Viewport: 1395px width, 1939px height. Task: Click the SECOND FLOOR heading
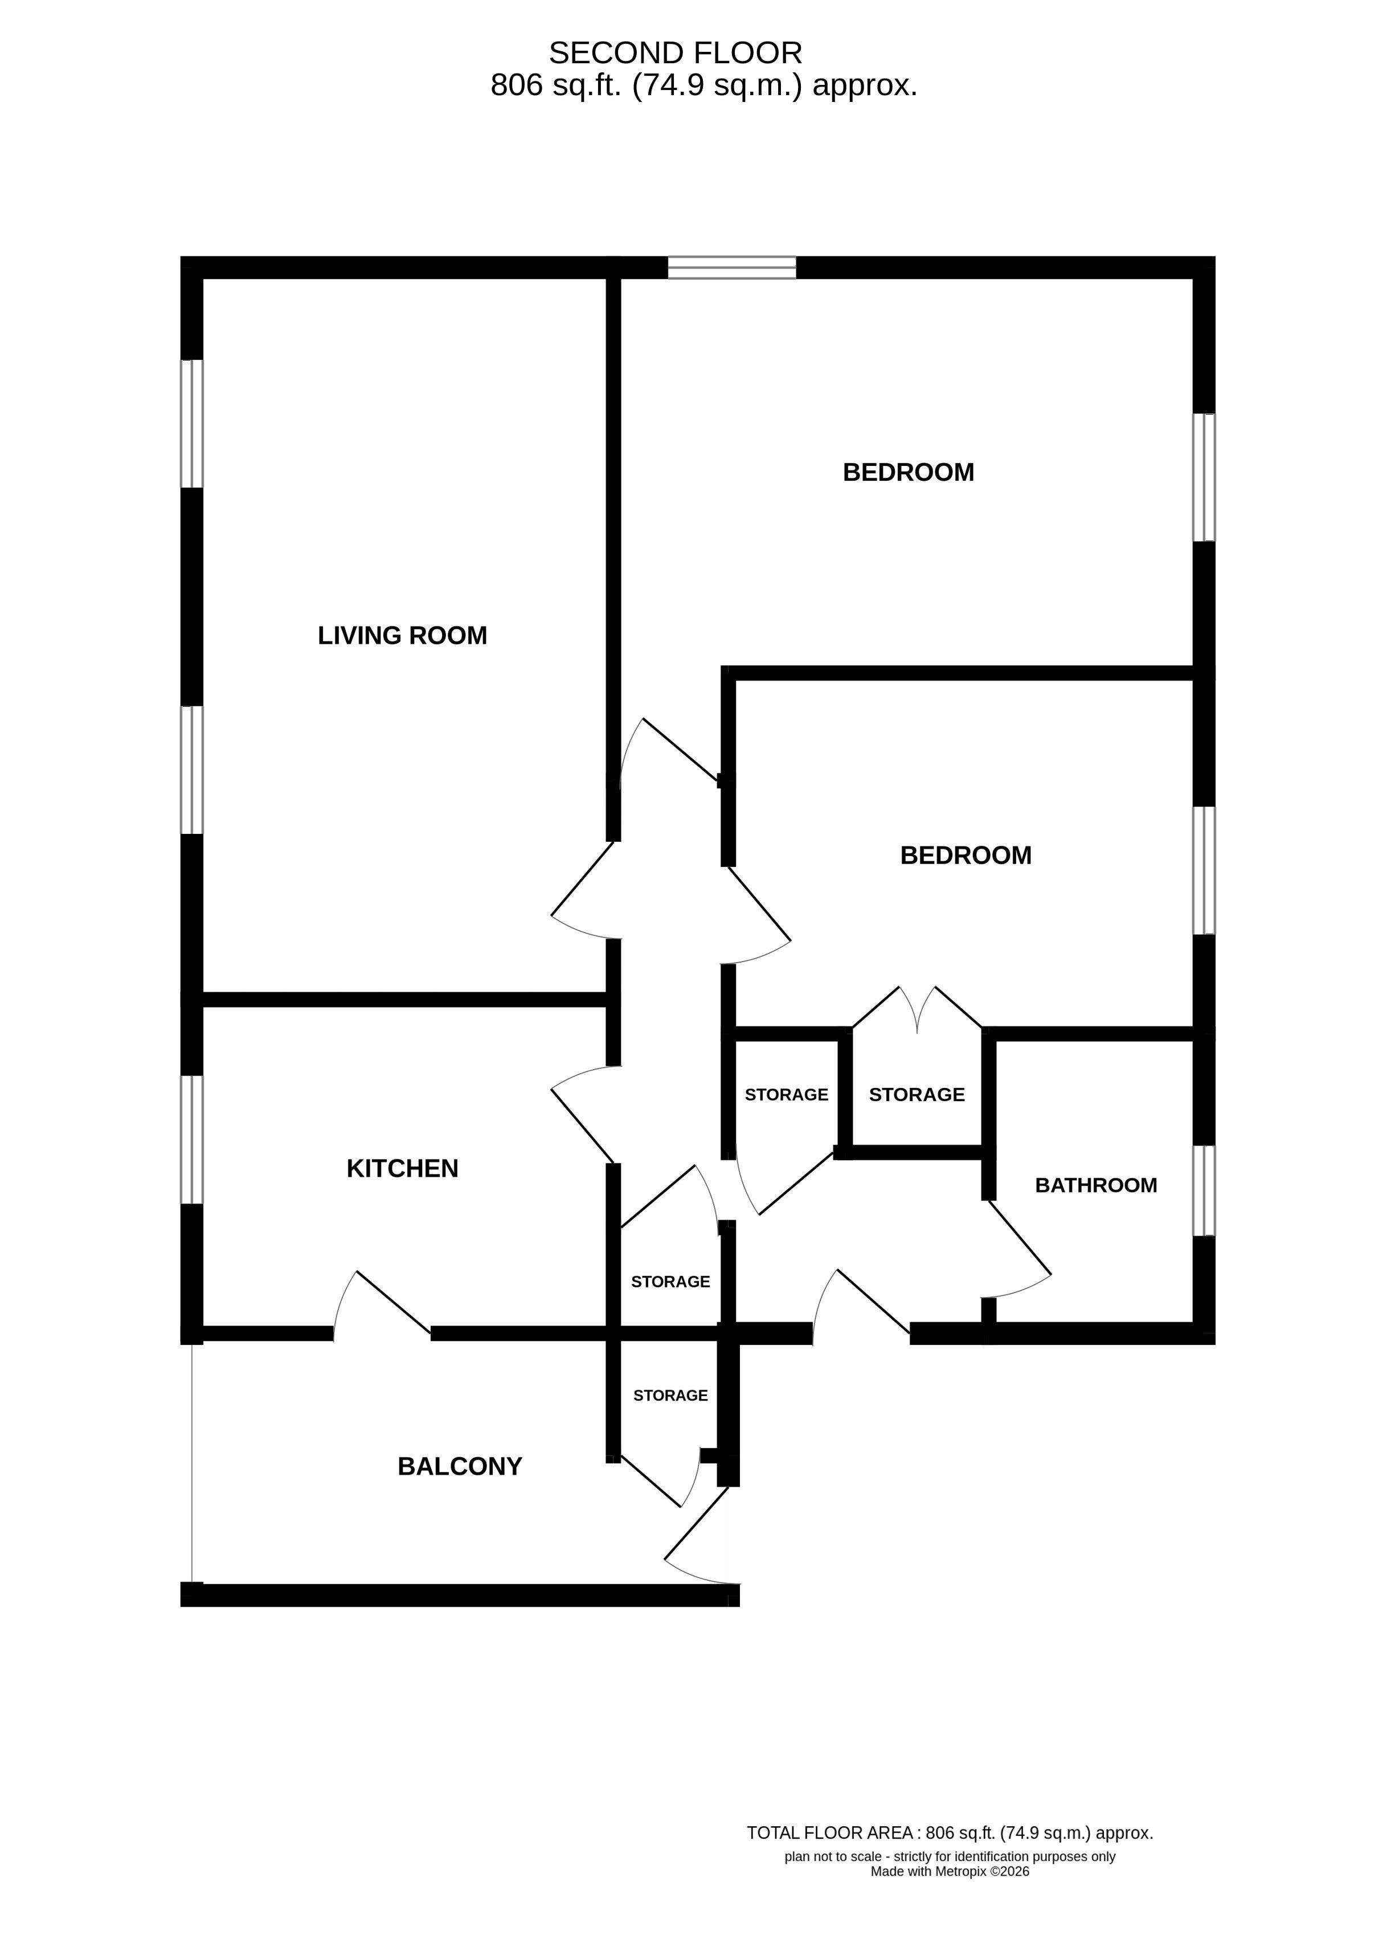click(675, 53)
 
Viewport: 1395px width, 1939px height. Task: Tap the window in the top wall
click(732, 268)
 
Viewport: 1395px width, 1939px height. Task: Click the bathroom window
click(1204, 1191)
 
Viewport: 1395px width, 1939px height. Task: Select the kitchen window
click(191, 1140)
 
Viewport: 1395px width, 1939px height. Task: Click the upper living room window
click(191, 424)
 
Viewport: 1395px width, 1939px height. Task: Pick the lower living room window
click(191, 770)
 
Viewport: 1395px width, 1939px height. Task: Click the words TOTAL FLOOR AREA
click(830, 1833)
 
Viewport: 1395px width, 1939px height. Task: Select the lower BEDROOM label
click(966, 855)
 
